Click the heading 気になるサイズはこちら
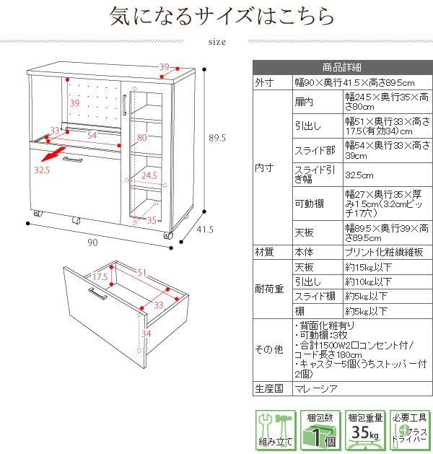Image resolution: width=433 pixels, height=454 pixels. (222, 16)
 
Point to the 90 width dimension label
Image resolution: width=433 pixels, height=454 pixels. (92, 242)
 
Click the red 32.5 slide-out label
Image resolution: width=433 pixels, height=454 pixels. (42, 170)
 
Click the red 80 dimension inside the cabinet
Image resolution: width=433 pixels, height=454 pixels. (142, 136)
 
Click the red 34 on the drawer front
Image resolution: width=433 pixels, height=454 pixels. (145, 334)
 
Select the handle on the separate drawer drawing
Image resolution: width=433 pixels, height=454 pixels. (97, 295)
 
